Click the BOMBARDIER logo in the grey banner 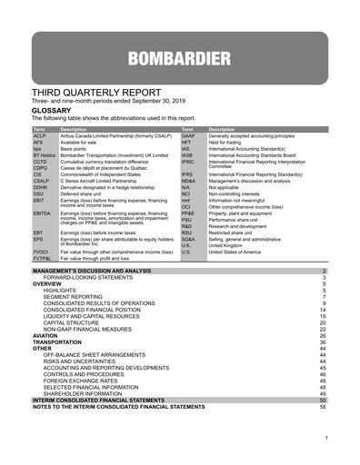[x=179, y=60]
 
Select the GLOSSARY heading [x=52, y=109]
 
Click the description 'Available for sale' [x=79, y=143]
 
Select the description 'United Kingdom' [x=232, y=244]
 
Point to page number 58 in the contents [x=322, y=406]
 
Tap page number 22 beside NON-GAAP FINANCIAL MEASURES [x=322, y=329]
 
